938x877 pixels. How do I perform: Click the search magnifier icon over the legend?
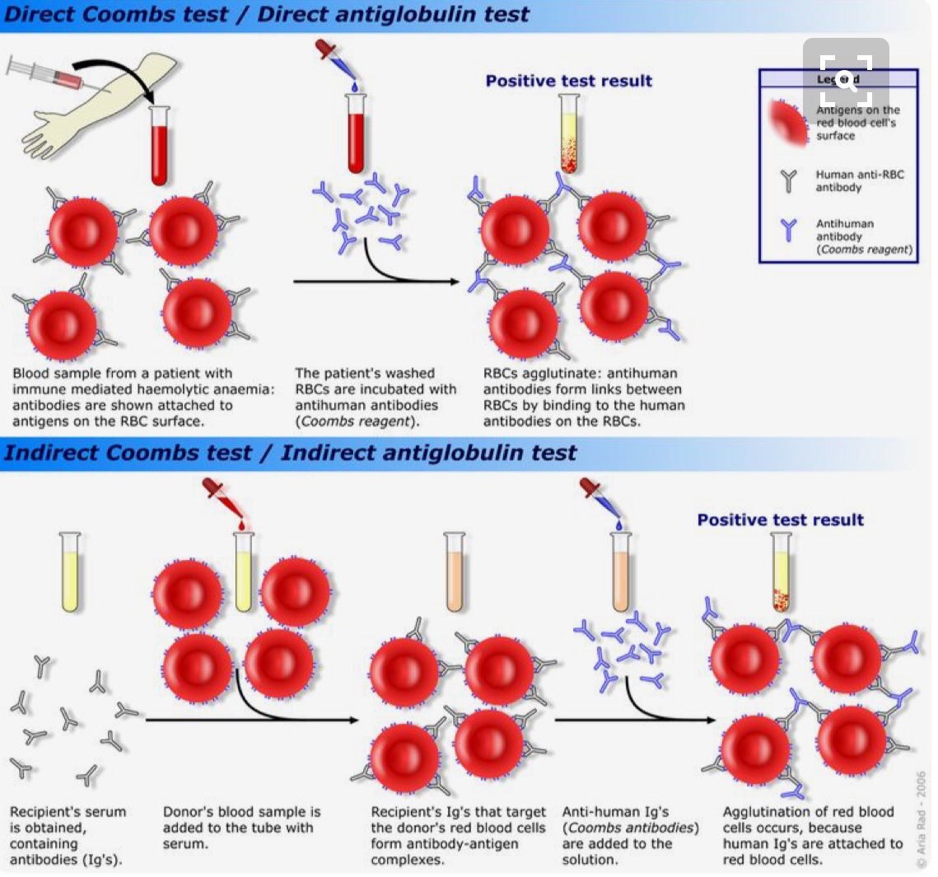click(846, 80)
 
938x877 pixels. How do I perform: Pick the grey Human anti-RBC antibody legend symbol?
click(789, 180)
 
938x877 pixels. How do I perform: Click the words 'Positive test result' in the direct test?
click(568, 81)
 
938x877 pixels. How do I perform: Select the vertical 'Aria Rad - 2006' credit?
click(921, 819)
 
